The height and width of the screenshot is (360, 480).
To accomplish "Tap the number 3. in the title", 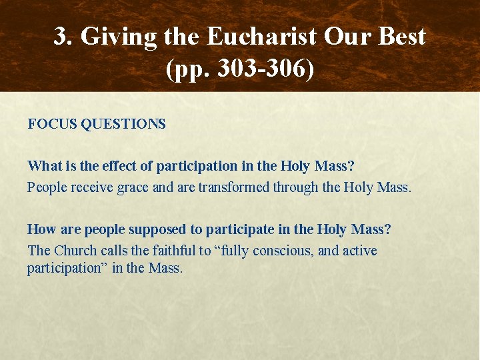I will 63,37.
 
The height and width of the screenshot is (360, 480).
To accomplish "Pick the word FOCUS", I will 52,124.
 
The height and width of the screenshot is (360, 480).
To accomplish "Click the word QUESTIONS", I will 124,124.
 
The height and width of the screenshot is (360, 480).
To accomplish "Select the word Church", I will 74,251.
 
